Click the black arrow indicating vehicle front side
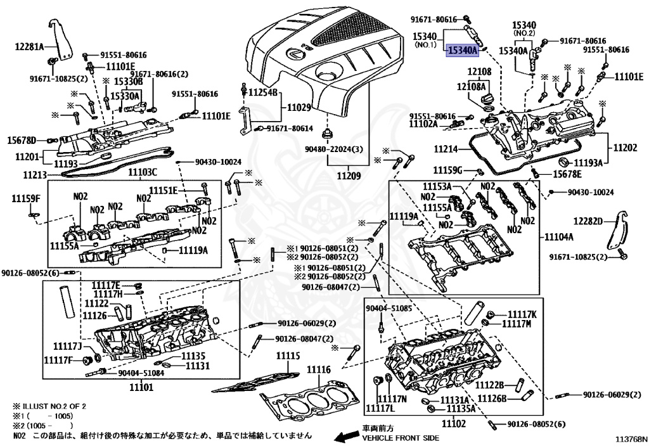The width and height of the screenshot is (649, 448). click(x=346, y=437)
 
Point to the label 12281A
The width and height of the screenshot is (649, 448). click(x=30, y=47)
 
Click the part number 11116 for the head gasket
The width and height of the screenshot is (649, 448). click(x=319, y=369)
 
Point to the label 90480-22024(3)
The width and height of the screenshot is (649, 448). click(x=334, y=150)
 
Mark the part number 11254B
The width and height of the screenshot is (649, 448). click(x=263, y=93)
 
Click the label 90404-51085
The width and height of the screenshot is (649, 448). click(x=389, y=308)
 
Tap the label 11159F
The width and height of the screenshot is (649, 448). click(x=25, y=199)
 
